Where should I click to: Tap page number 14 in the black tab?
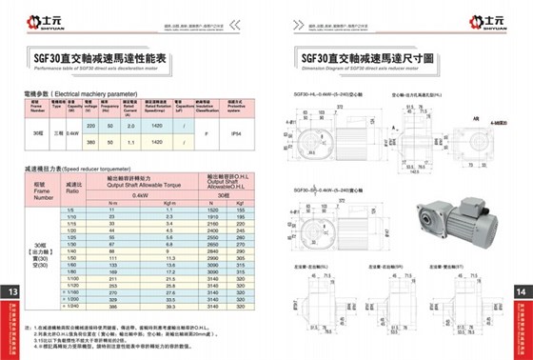point(520,290)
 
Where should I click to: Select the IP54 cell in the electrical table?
point(237,131)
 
